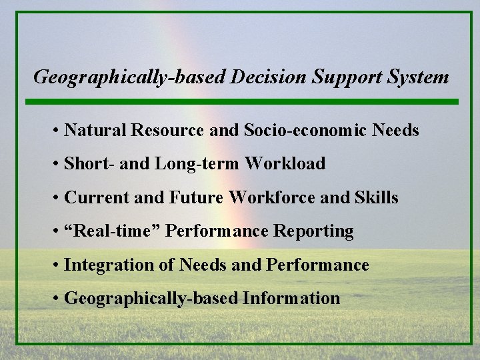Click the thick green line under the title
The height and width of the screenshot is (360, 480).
pos(242,102)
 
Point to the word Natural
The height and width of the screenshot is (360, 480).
pos(91,130)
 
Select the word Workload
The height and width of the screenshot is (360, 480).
pos(285,163)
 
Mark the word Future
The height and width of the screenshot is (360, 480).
pos(199,197)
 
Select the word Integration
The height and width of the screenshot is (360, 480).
pos(104,265)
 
